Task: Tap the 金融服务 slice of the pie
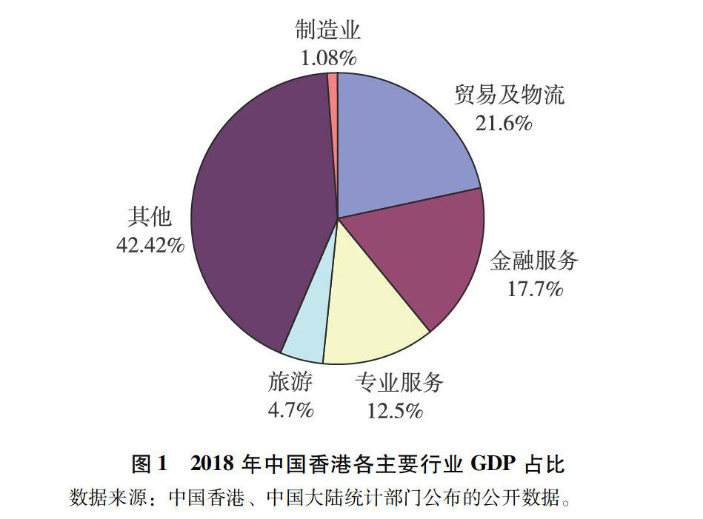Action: point(422,252)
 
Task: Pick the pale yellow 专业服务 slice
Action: point(370,311)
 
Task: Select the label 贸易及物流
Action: point(510,96)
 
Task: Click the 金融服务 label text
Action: point(534,261)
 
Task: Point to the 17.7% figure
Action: point(534,288)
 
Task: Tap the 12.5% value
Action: point(395,409)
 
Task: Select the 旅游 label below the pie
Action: point(290,383)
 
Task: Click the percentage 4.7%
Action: point(290,409)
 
